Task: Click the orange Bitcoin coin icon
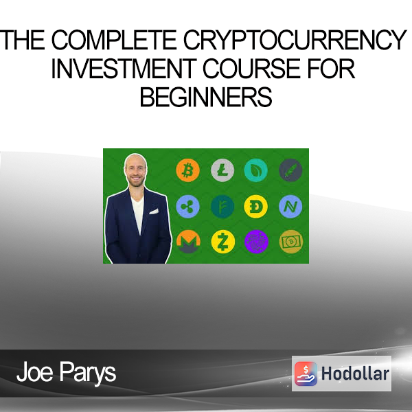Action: point(187,170)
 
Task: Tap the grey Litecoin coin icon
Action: point(222,170)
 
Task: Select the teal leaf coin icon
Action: point(256,170)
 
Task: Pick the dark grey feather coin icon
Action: point(290,170)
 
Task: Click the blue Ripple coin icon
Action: point(187,207)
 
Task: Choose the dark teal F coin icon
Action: point(222,207)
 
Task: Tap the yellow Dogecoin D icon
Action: point(256,207)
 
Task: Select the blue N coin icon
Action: point(290,207)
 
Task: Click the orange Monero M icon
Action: point(188,242)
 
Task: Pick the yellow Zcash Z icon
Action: point(222,242)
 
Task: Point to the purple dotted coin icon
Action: point(256,242)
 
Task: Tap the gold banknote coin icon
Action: point(291,242)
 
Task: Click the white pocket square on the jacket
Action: point(154,211)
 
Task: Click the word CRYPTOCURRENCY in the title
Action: point(295,40)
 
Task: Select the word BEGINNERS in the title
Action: point(206,97)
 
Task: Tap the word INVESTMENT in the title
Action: point(124,68)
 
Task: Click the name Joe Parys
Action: point(66,371)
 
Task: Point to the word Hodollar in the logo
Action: point(355,374)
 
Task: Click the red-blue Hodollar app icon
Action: point(306,374)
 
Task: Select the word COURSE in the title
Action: point(251,68)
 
